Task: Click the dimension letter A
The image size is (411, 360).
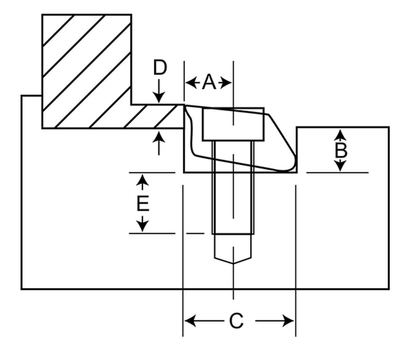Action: pos(208,83)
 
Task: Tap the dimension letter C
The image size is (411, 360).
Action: pos(236,321)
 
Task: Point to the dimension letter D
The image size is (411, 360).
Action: pos(160,68)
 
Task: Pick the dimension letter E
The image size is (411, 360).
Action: pos(143,203)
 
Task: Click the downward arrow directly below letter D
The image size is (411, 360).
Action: pos(159,98)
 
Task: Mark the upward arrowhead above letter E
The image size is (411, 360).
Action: pos(142,179)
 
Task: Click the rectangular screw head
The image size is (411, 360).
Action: pos(233,125)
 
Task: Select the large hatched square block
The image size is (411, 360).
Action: pos(87,70)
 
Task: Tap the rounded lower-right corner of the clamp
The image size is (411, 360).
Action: pos(293,166)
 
